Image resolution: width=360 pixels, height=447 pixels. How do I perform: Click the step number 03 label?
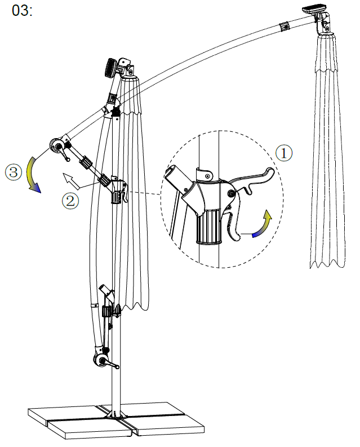(22, 11)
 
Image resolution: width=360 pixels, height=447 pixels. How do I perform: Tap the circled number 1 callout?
(283, 153)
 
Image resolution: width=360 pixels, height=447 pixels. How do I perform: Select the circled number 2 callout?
(70, 201)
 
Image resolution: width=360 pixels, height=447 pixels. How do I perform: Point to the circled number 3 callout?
(14, 172)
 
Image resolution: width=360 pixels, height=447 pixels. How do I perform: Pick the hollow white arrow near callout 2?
(70, 181)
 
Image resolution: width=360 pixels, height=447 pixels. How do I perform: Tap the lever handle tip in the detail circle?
(270, 171)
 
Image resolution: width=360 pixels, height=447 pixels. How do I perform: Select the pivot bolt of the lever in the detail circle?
(230, 194)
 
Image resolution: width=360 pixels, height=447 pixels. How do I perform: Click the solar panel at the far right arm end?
(313, 9)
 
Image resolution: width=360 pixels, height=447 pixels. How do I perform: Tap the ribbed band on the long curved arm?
(285, 26)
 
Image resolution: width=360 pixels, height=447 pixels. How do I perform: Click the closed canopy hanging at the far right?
(327, 151)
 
